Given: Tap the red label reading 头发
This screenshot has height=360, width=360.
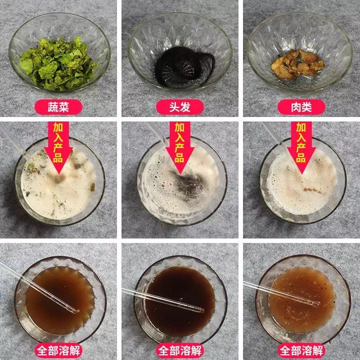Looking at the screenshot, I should tap(180, 107).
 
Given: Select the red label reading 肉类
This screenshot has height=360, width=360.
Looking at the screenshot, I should tap(301, 107).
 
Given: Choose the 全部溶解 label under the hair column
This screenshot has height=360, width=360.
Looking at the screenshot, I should tap(180, 351).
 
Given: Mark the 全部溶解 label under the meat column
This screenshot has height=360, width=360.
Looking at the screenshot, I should tap(301, 351).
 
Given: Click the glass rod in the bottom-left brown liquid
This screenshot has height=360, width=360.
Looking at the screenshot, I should tap(40, 288).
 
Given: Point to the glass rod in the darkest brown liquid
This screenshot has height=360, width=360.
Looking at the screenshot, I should tap(166, 299).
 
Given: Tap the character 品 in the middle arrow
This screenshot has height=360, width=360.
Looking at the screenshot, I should tap(180, 157).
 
